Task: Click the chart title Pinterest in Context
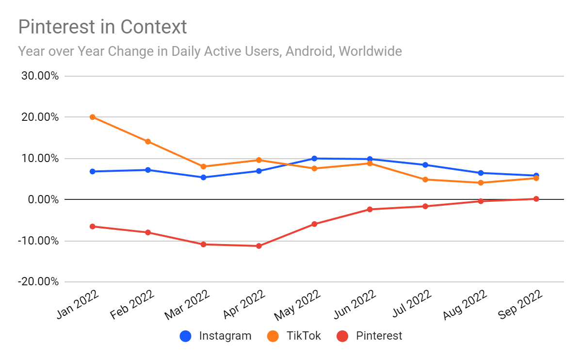coord(102,27)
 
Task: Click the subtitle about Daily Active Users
coord(210,51)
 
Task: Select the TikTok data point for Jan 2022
coord(92,117)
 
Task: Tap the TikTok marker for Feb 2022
coord(148,142)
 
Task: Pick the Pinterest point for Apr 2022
coord(259,246)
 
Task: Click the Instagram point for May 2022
coord(314,159)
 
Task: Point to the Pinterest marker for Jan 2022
coord(92,227)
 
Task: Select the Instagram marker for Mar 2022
coord(203,178)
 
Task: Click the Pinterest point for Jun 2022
coord(370,210)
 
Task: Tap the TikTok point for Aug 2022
coord(481,183)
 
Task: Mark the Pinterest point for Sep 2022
coord(536,199)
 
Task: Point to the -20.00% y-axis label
coord(39,282)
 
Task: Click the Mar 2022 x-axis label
coord(188,306)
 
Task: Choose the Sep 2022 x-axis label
coord(521,306)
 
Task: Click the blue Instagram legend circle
coord(186,336)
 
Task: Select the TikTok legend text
coord(304,336)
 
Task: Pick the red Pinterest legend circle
coord(343,336)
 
